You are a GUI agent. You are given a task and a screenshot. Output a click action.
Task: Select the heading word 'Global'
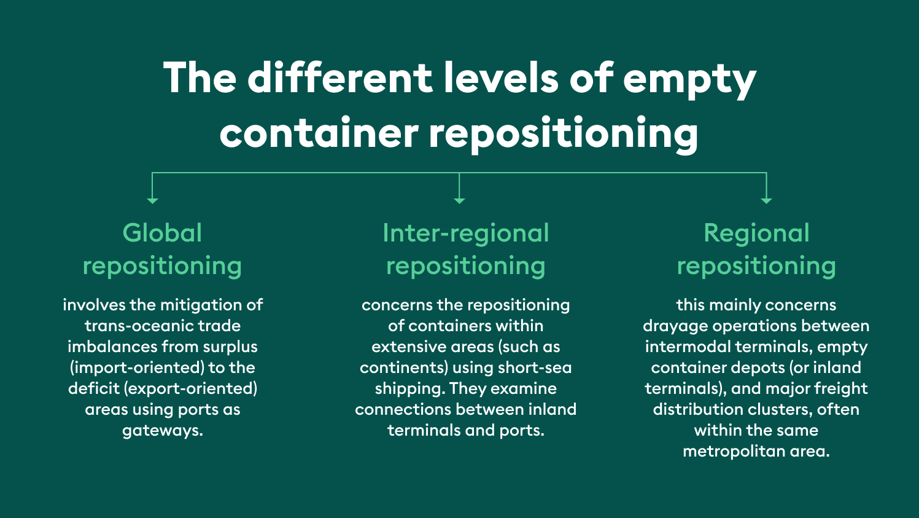tap(162, 233)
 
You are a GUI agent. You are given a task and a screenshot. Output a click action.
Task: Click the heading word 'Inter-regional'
tap(465, 233)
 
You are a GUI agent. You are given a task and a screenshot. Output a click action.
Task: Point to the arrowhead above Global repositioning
tap(153, 200)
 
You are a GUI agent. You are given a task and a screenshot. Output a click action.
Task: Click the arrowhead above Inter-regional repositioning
tap(459, 200)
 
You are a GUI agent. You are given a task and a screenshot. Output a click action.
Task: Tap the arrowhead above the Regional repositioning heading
tap(766, 200)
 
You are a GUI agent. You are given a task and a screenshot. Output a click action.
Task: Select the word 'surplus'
tap(230, 347)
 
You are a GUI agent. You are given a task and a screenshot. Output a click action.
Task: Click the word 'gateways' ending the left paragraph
tap(161, 430)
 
